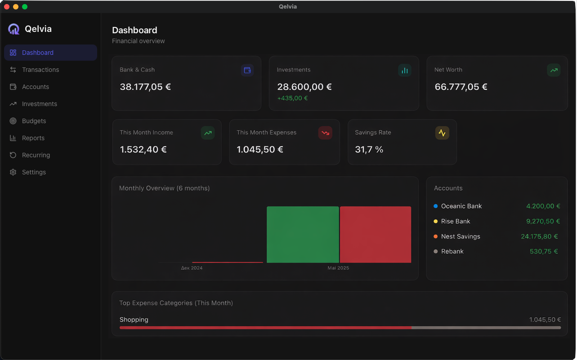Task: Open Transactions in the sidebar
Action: click(x=40, y=70)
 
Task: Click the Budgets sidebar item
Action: click(x=34, y=121)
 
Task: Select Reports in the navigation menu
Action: click(x=33, y=138)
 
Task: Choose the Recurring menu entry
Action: click(x=36, y=155)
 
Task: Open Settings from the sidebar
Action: click(x=34, y=172)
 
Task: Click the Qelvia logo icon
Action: click(x=14, y=29)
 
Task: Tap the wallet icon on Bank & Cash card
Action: click(x=247, y=70)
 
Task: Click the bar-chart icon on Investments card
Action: click(x=404, y=70)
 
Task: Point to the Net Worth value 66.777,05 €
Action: click(x=461, y=87)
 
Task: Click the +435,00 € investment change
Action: click(x=292, y=98)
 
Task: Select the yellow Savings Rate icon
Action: click(x=442, y=133)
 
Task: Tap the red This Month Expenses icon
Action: click(x=325, y=133)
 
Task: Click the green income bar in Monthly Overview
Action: click(x=303, y=234)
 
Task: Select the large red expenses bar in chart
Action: click(x=376, y=234)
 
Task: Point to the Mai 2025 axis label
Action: click(x=338, y=268)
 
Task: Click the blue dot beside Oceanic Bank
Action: click(x=435, y=206)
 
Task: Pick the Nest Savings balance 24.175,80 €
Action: click(x=539, y=236)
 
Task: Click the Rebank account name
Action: click(x=452, y=251)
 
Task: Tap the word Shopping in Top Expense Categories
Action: click(x=134, y=320)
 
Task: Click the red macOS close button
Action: click(x=7, y=7)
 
